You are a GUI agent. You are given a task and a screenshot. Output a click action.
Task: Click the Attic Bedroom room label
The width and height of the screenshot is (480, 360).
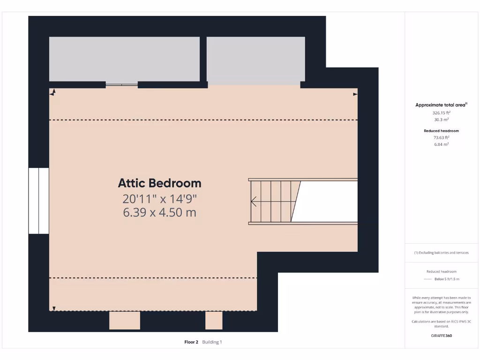pos(159,183)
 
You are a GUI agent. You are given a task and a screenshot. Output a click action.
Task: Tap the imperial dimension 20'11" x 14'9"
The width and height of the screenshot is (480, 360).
pos(159,198)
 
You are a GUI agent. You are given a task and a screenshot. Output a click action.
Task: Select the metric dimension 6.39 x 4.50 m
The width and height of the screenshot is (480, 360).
pos(159,213)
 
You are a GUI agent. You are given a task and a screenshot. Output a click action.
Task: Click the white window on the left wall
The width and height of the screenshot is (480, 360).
pos(38,201)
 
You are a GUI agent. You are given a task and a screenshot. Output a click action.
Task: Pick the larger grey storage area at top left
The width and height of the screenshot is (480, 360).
pos(124,59)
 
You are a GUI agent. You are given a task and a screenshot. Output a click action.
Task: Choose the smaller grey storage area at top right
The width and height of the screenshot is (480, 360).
pos(256,60)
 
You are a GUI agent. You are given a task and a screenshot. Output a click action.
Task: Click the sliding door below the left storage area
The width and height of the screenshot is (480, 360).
pos(121,85)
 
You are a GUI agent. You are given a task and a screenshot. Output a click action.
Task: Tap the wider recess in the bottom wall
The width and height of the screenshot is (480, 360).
pos(125,321)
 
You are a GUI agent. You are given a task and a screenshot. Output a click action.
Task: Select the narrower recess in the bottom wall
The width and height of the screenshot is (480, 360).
pos(214,321)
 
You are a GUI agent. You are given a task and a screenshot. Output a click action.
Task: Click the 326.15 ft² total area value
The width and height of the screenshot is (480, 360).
pos(441,113)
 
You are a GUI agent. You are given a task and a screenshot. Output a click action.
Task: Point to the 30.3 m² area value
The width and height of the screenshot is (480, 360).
pos(441,120)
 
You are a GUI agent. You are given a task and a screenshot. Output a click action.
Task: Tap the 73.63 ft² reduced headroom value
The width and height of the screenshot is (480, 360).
pos(441,138)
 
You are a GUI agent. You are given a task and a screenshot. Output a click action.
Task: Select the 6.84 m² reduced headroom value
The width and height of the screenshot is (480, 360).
pos(441,144)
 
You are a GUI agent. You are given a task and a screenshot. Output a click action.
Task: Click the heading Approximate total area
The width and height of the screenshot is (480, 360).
pos(441,105)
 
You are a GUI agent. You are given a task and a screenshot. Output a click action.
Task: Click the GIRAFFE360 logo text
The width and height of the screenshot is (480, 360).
pos(441,336)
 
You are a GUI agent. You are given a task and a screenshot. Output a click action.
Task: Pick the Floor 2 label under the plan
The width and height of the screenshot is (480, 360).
pos(192,342)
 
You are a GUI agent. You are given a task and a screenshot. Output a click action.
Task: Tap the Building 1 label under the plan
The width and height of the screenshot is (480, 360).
pos(212,342)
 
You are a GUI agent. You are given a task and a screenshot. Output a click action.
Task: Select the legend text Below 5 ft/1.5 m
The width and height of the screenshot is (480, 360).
pos(447,279)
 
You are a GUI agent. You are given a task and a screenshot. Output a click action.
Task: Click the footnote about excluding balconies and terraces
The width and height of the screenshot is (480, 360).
pos(441,253)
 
